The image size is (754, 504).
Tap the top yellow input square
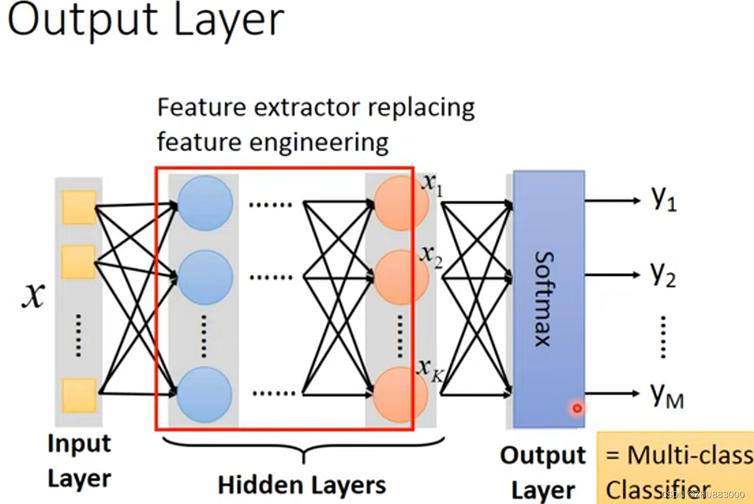(79, 207)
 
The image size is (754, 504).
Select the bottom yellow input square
(79, 395)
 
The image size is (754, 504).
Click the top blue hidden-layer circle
(205, 203)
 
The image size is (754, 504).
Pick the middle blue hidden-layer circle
(205, 277)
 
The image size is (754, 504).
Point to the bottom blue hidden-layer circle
(205, 394)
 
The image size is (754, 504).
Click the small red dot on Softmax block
(577, 408)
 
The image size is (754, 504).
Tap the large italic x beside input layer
(33, 296)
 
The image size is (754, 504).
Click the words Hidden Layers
(301, 485)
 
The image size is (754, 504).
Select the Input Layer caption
(79, 461)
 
